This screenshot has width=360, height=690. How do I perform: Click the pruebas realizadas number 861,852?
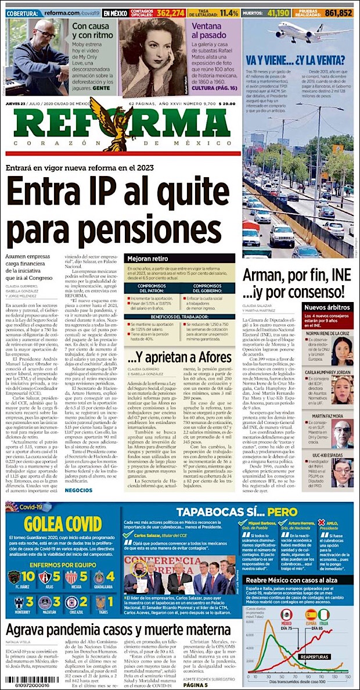pos(339,12)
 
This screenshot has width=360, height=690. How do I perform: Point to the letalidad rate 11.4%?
pos(229,12)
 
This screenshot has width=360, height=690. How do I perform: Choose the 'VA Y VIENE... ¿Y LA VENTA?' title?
pos(299,59)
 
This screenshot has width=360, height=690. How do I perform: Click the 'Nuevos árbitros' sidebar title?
pos(327,308)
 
